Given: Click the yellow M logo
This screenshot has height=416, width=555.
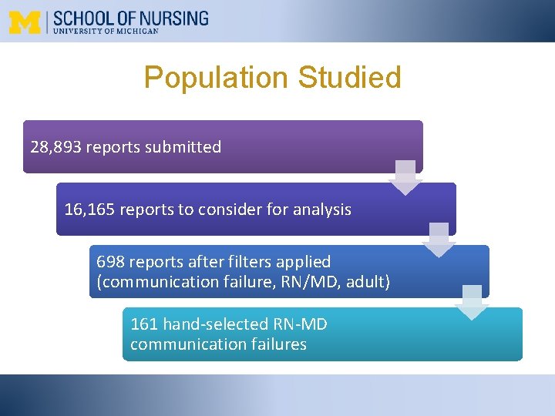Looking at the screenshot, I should pyautogui.click(x=25, y=22).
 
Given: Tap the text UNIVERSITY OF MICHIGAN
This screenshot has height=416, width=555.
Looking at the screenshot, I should pyautogui.click(x=105, y=32).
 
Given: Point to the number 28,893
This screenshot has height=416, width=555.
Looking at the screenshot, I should pyautogui.click(x=55, y=147).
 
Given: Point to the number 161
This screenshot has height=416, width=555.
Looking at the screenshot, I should pyautogui.click(x=143, y=324).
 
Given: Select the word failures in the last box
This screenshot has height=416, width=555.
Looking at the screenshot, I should pyautogui.click(x=275, y=344).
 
